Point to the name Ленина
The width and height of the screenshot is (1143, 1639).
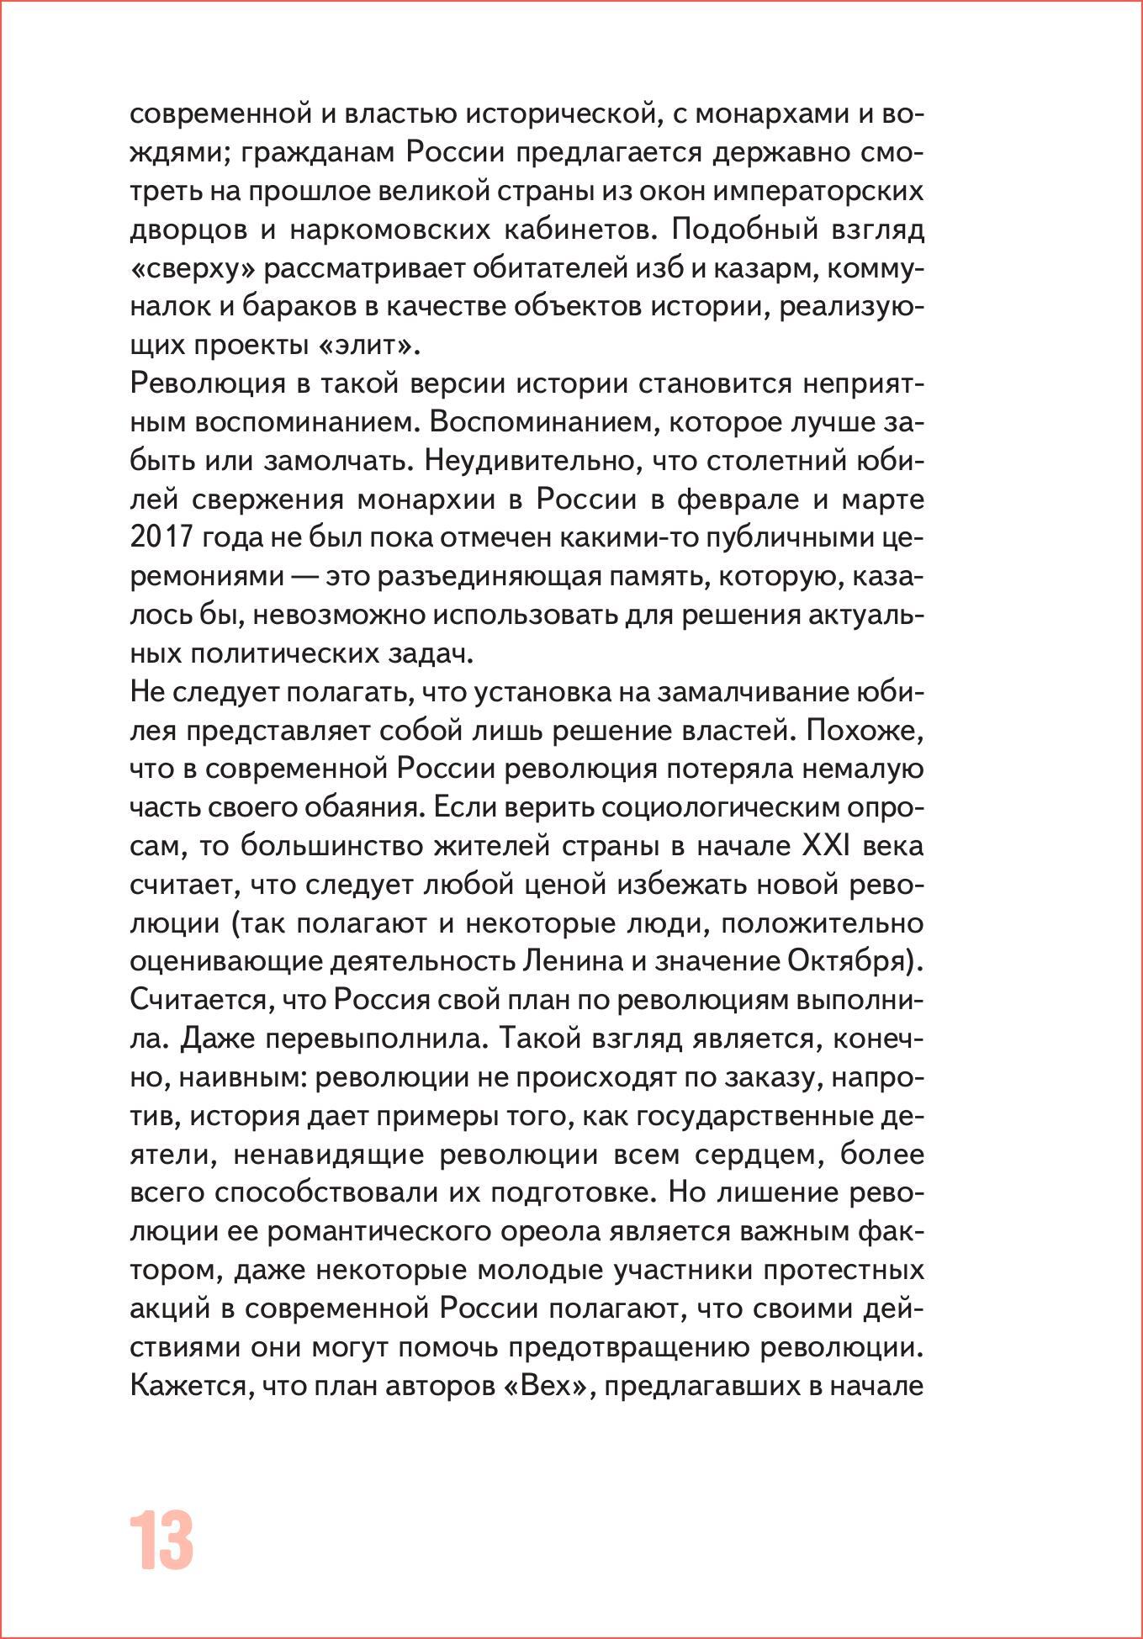pyautogui.click(x=572, y=960)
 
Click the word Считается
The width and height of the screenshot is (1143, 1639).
pyautogui.click(x=198, y=1000)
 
